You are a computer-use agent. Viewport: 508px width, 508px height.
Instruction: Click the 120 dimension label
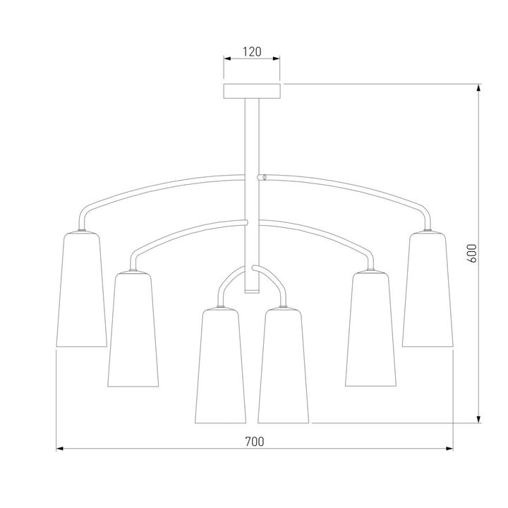click(252, 52)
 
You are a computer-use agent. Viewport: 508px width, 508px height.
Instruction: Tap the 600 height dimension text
click(473, 253)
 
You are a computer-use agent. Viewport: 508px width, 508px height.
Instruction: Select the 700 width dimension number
click(254, 441)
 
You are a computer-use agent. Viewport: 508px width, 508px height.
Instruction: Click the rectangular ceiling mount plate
click(252, 91)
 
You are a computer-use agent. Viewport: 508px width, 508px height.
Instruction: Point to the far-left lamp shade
click(82, 289)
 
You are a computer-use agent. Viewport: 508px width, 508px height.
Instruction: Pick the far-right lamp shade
click(428, 289)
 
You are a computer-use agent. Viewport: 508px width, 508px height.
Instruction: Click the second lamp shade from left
click(133, 329)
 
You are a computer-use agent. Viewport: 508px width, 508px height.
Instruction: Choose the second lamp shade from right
click(370, 329)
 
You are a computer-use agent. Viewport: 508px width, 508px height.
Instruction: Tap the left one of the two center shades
click(220, 365)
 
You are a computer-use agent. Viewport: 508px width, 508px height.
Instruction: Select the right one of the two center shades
click(284, 365)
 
